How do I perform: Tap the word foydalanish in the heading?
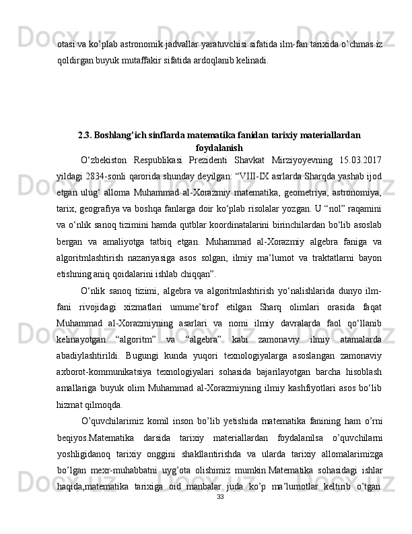pyautogui.click(x=219, y=147)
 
